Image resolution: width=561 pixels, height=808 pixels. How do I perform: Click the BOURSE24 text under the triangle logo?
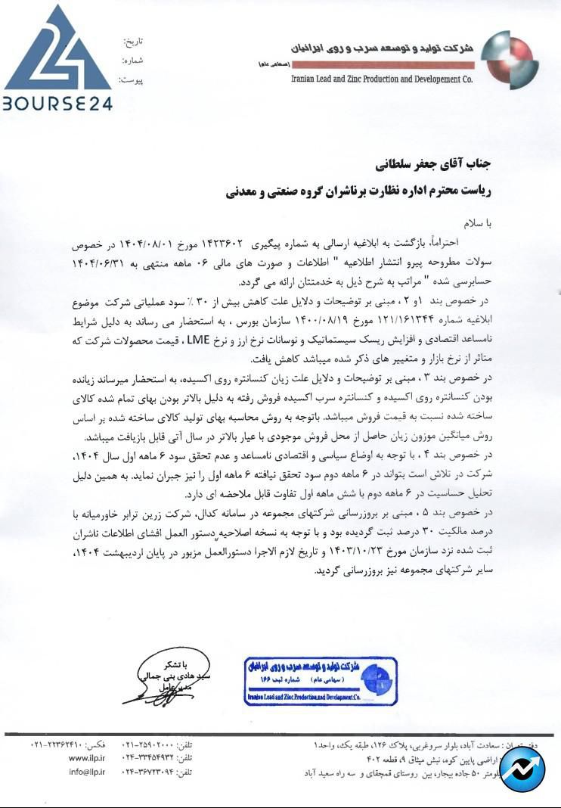pyautogui.click(x=57, y=103)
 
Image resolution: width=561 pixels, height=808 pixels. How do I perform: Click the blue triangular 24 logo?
pyautogui.click(x=58, y=49)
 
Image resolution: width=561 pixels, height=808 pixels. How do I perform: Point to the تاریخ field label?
pyautogui.click(x=133, y=42)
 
